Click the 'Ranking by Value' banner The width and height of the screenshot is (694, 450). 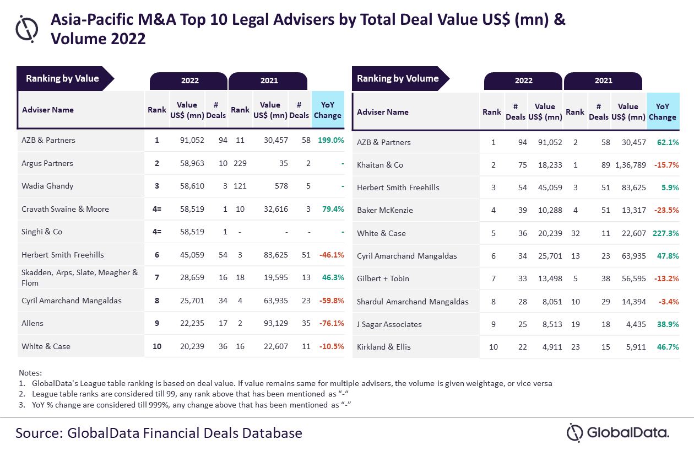tap(62, 78)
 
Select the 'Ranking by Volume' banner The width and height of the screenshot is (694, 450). tap(398, 78)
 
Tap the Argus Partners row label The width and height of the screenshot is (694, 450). tap(47, 163)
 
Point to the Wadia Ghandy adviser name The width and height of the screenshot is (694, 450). tap(47, 186)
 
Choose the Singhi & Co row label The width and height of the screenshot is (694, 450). tap(42, 232)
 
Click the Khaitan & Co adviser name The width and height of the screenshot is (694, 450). tap(380, 165)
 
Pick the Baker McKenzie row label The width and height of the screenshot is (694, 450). tap(384, 210)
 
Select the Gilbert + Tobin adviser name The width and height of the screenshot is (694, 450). tap(383, 278)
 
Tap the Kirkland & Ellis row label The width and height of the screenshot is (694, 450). tap(384, 347)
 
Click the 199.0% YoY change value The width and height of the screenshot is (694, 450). tap(330, 140)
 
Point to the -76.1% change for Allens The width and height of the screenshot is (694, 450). tap(332, 323)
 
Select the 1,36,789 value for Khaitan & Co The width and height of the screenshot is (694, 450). tap(628, 165)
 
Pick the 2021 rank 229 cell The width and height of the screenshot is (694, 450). tap(240, 163)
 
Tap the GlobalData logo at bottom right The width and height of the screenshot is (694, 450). tap(617, 432)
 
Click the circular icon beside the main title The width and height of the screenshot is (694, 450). tap(26, 28)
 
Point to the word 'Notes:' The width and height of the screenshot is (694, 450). tap(30, 373)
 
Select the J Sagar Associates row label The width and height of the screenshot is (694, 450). tap(389, 324)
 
